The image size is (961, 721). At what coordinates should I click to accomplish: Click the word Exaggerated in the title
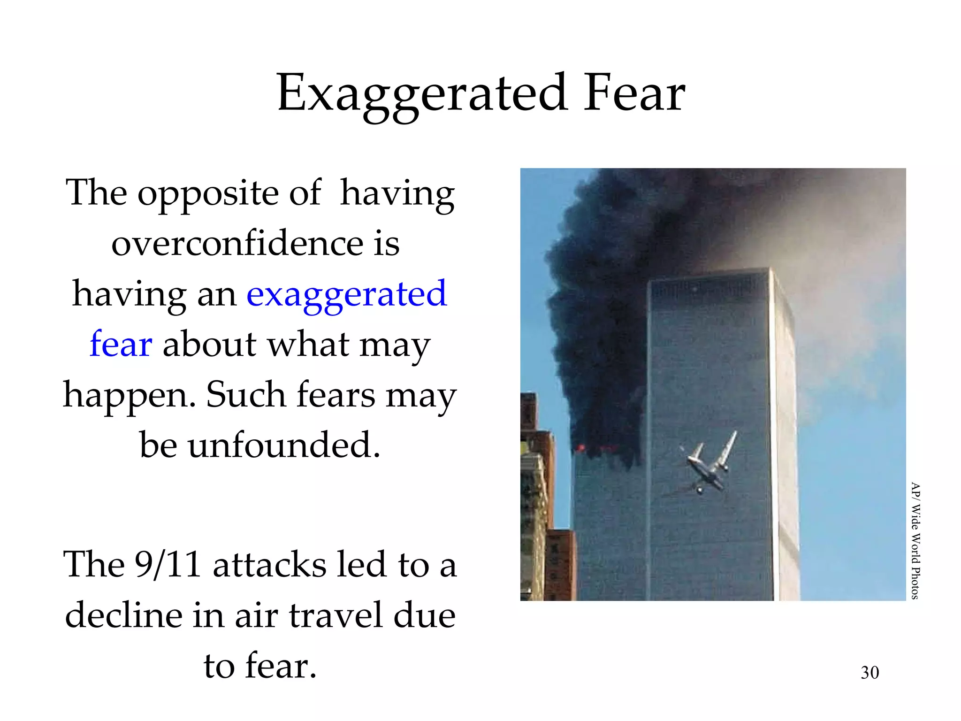pyautogui.click(x=421, y=94)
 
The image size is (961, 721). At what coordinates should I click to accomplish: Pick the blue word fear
pyautogui.click(x=121, y=344)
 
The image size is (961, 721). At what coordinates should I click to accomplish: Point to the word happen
pyautogui.click(x=129, y=396)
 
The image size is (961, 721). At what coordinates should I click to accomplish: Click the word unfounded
pyautogui.click(x=284, y=445)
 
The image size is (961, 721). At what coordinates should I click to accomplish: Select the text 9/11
pyautogui.click(x=168, y=564)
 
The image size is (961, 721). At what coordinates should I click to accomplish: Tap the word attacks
pyautogui.click(x=269, y=564)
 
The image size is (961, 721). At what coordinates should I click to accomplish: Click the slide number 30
pyautogui.click(x=869, y=673)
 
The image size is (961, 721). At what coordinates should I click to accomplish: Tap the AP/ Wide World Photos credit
pyautogui.click(x=915, y=540)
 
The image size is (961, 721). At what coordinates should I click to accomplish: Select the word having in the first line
pyautogui.click(x=397, y=193)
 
